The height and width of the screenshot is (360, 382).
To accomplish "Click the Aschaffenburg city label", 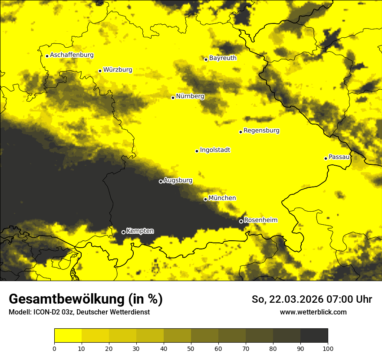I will coord(72,55).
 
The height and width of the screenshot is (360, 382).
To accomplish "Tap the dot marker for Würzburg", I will coord(100,71).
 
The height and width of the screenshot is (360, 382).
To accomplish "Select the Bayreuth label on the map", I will coord(223,58).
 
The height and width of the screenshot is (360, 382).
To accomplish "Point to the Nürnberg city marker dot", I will coord(173,98).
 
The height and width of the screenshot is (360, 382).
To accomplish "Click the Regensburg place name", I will coord(261,131).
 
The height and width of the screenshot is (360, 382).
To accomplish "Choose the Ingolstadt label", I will coord(215,150).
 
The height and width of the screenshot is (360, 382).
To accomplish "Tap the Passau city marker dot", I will coord(326,158).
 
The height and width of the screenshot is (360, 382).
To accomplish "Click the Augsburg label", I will coord(178,180).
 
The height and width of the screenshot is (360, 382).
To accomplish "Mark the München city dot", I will coord(205,200).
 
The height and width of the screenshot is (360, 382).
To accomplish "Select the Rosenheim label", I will coord(260,220).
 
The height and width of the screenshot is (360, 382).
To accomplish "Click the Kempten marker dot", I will coord(123,232).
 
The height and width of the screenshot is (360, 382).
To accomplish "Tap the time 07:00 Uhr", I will coord(350,299).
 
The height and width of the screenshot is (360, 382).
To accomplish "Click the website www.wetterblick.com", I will coord(313,312).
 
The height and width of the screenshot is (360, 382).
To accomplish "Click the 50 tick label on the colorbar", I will coord(191,348).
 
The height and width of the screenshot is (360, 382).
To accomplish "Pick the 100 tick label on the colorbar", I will coord(327,348).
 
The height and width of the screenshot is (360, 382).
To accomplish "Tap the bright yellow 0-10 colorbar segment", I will coord(68,336).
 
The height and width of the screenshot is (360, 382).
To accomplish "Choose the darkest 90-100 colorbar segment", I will coord(314,336).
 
